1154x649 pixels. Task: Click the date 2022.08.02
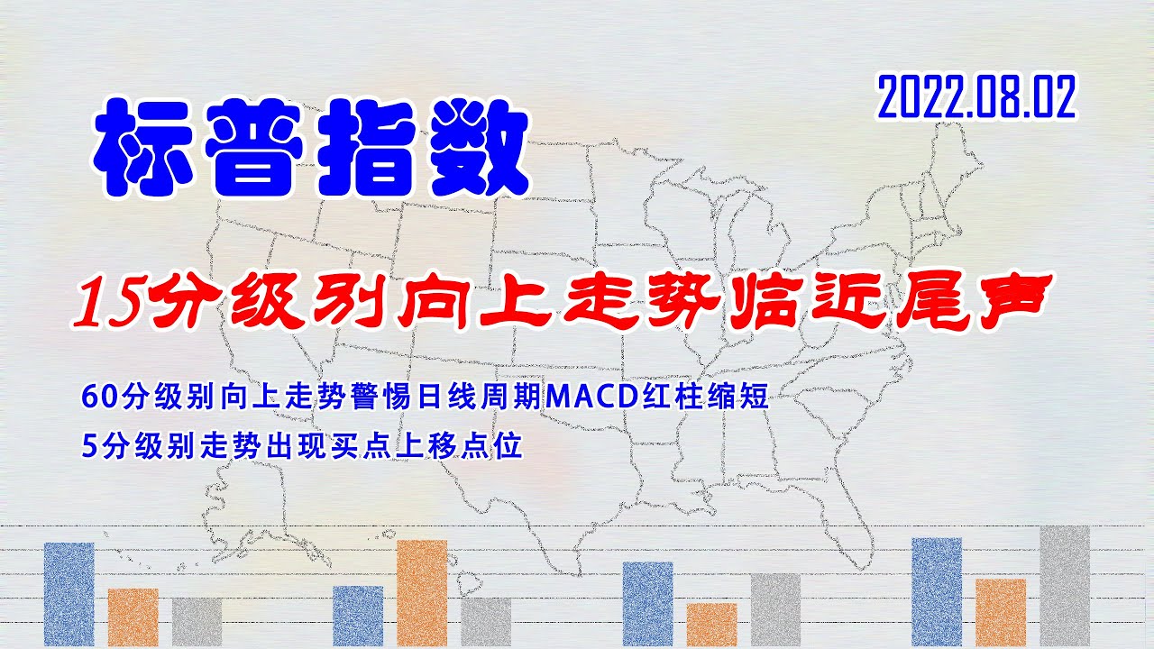point(976,98)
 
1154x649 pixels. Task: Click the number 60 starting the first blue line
point(91,398)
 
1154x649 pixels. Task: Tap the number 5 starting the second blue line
point(87,446)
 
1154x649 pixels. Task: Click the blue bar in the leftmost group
point(69,593)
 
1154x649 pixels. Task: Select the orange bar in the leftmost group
point(133,617)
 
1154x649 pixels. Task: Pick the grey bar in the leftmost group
point(197,621)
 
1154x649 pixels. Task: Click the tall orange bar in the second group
point(421,592)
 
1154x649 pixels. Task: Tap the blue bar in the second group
point(357,616)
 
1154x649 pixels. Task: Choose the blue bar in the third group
point(647,603)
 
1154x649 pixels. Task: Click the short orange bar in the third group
point(711,624)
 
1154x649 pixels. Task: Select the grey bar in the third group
point(775,609)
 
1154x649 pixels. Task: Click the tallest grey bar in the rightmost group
point(1064,586)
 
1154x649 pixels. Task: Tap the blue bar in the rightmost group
point(937,591)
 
